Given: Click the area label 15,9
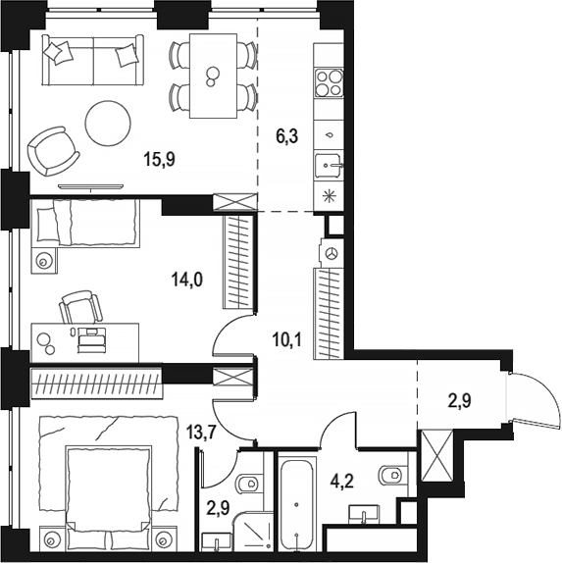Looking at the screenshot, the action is coord(159,159).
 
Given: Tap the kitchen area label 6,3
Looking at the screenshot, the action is coord(287,136).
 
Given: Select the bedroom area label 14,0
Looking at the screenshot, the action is coord(187,279).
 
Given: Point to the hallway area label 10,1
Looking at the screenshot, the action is coord(287,339).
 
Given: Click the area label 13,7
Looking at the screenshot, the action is coord(201,433).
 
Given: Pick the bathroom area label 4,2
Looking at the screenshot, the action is coord(342,481).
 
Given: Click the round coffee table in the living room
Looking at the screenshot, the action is coord(108,124).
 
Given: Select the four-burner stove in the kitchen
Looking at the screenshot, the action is coord(329,83).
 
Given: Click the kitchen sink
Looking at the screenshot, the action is coord(328,166).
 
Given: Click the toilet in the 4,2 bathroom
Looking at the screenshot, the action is coord(392,475).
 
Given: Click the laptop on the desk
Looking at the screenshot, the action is coord(92,339).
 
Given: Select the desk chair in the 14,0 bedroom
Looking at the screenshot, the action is coord(80,307).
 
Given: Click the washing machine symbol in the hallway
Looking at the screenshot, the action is coord(332,253).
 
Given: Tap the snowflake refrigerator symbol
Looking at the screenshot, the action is coord(328,196).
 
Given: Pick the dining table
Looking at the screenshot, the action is coord(213,76).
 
